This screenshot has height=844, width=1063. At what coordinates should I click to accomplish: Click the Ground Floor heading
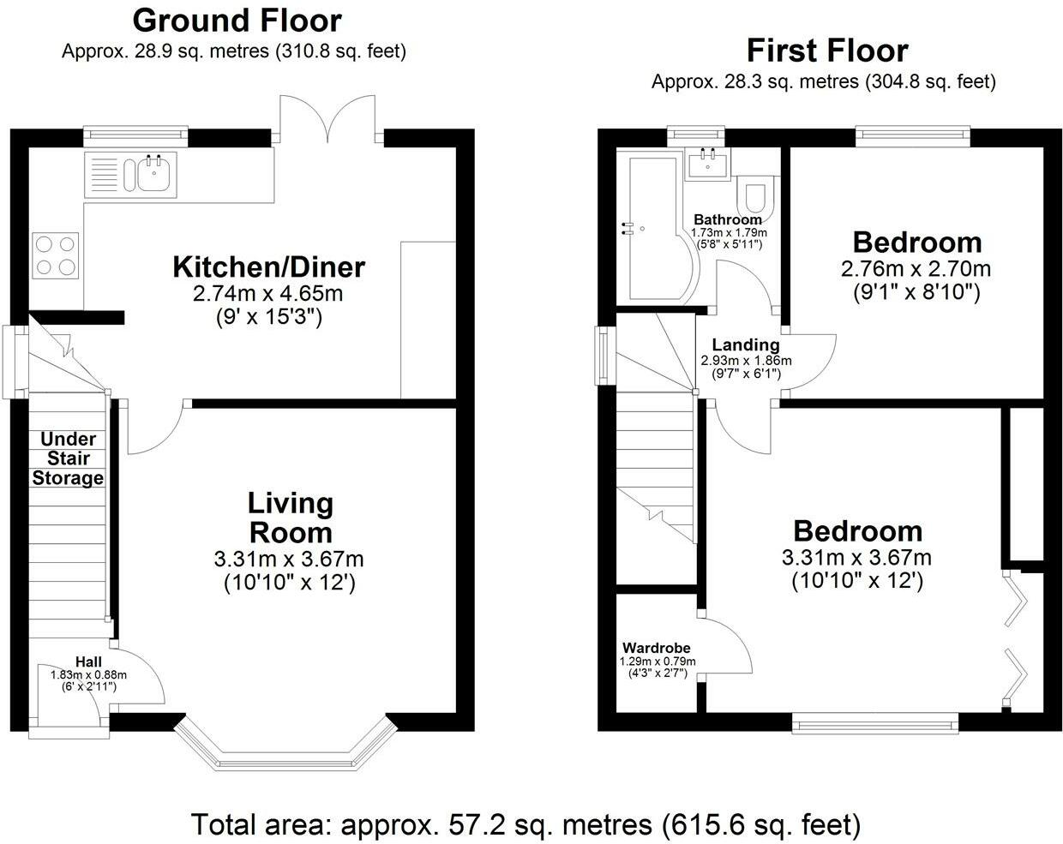click(x=237, y=21)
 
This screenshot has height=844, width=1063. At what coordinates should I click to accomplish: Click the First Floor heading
click(x=827, y=51)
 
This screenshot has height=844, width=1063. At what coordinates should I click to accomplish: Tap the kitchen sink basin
click(x=156, y=173)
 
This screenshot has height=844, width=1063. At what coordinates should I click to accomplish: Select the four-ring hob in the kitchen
click(x=56, y=255)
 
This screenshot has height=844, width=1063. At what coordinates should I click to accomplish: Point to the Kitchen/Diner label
click(x=268, y=267)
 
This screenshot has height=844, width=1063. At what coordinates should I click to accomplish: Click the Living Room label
click(x=291, y=518)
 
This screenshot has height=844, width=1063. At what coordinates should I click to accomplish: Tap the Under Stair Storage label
click(x=68, y=458)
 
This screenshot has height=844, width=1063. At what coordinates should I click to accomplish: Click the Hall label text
click(x=89, y=661)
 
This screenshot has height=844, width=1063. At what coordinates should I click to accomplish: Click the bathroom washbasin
click(x=708, y=164)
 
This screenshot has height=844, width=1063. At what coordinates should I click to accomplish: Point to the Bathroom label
click(x=728, y=219)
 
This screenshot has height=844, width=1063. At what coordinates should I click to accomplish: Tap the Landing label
click(x=746, y=344)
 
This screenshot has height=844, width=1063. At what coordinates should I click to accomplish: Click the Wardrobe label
click(x=657, y=648)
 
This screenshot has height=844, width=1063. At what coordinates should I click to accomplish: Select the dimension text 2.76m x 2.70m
click(x=916, y=269)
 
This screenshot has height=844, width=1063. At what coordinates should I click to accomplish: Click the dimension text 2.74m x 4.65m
click(x=267, y=294)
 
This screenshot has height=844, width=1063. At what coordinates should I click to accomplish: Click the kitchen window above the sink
click(x=135, y=136)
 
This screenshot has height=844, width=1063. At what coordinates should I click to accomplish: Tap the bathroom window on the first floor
click(x=696, y=136)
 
